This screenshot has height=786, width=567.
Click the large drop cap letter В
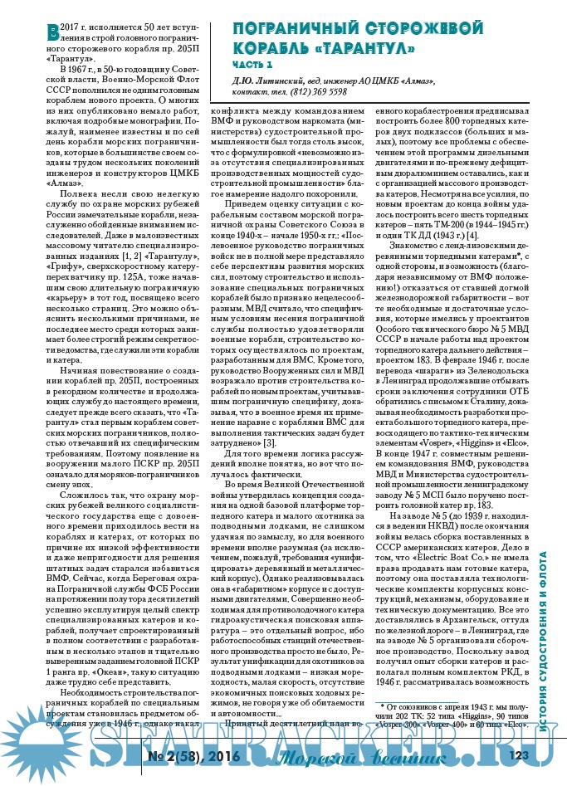click(54, 31)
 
